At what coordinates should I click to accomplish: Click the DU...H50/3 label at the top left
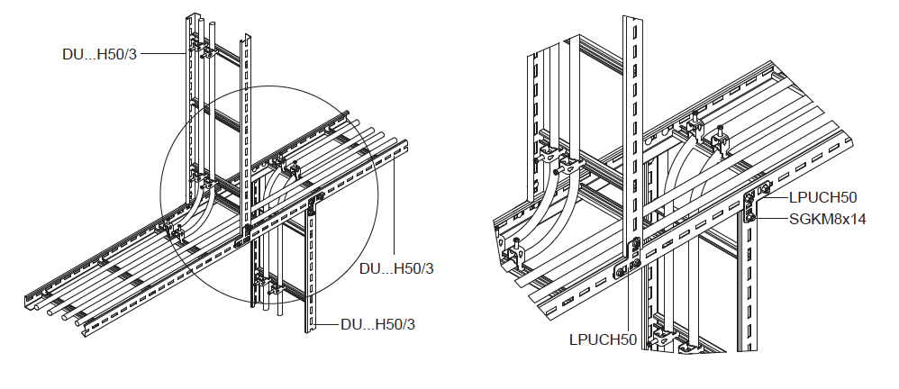100,54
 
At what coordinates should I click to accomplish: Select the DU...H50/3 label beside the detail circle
396,268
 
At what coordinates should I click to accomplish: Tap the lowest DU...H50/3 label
377,324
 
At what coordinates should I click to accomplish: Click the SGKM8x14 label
827,218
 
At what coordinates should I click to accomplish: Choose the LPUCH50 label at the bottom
603,339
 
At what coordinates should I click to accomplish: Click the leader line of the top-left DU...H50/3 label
163,54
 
